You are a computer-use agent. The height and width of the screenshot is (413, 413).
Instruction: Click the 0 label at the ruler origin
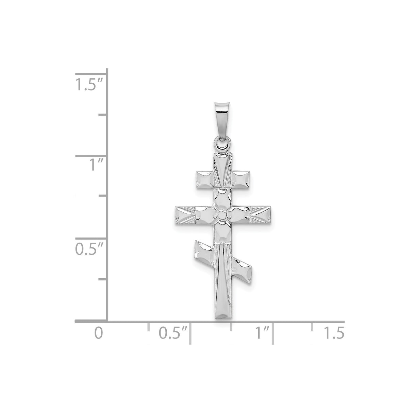[x=98, y=333]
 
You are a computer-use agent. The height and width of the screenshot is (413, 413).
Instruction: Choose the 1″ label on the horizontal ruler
[x=262, y=333]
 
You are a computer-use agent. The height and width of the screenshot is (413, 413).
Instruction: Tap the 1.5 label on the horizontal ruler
[x=334, y=333]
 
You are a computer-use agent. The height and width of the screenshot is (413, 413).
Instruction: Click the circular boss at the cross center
[x=221, y=215]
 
